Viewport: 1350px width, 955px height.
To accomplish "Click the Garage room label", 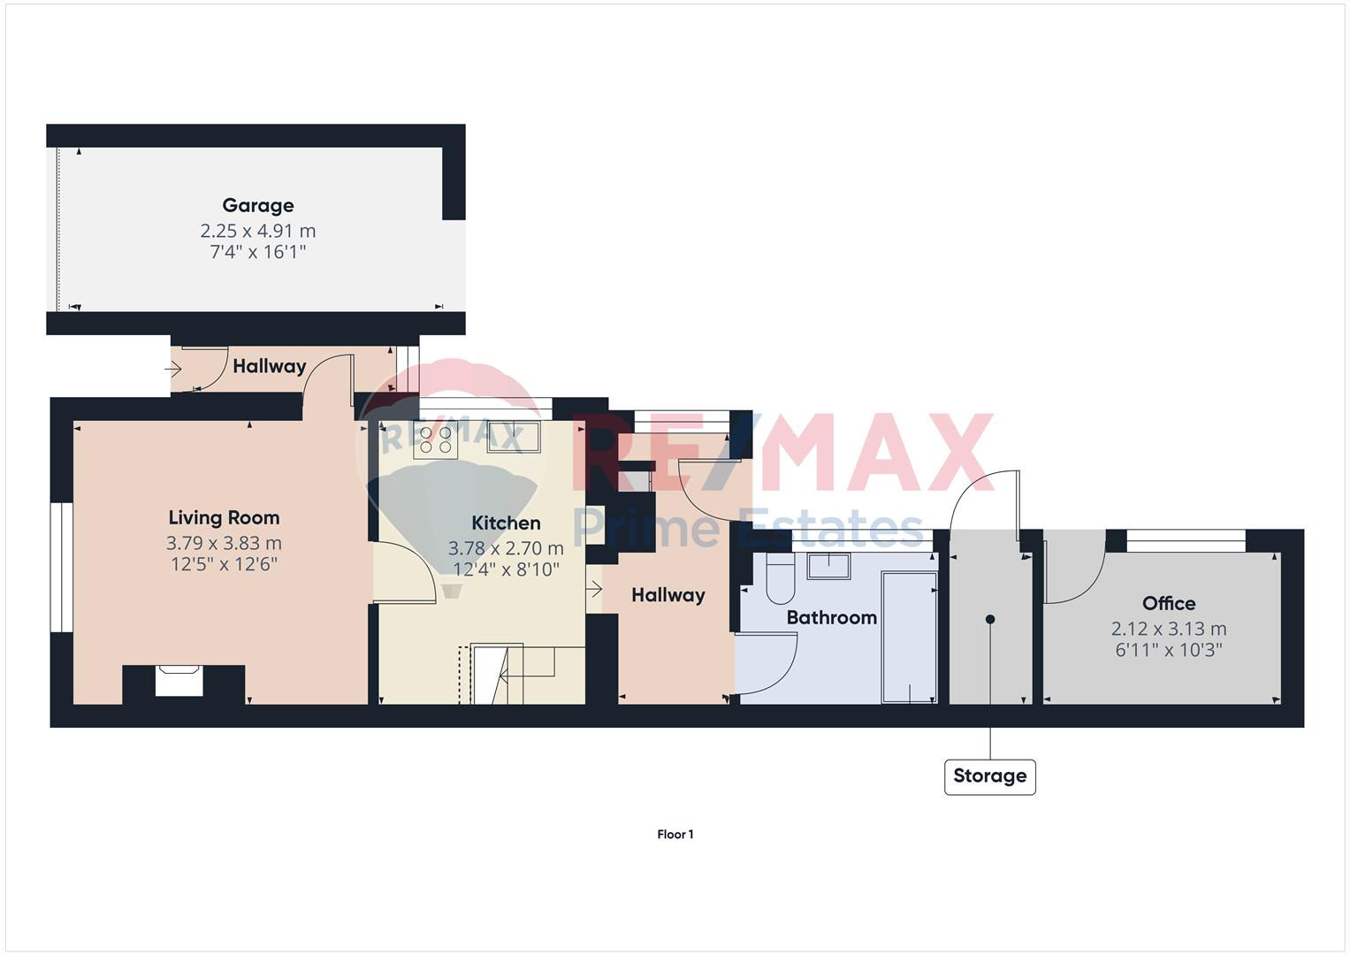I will [x=257, y=206].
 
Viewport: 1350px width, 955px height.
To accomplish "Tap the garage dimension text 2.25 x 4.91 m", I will [x=257, y=231].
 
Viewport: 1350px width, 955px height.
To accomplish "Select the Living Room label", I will [x=224, y=518].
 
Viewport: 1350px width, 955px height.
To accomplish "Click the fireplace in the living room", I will [x=179, y=681].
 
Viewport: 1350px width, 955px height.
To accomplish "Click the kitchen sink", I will [x=514, y=438].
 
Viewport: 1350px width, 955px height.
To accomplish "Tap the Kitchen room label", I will [x=506, y=523].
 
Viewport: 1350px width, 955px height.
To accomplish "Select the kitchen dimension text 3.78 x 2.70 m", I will [x=506, y=548].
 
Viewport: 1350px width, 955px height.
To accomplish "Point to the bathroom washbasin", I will [x=829, y=565].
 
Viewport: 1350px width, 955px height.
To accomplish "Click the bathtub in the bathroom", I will [x=909, y=637].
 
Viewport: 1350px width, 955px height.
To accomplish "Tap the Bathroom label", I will [x=831, y=618].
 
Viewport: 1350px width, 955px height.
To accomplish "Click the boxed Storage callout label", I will [x=989, y=776].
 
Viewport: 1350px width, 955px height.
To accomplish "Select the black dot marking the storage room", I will [x=990, y=619].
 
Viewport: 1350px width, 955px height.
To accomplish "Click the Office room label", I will [x=1168, y=604].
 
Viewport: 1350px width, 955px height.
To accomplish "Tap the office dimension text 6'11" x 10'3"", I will [x=1168, y=651].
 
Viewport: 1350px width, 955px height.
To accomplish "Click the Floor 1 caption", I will [x=675, y=835].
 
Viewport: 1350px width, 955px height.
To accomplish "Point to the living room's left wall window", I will [x=61, y=568].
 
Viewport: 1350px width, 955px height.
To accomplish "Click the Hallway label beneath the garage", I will [x=269, y=366].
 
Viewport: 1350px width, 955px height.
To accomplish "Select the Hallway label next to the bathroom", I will [x=667, y=595].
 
